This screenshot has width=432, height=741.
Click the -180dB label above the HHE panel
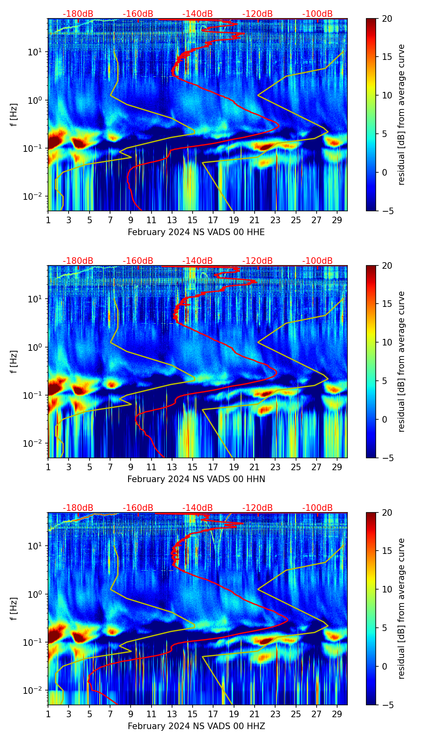tap(78, 14)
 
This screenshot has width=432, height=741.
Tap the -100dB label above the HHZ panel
tap(317, 508)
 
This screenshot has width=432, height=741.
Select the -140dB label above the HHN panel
tap(198, 261)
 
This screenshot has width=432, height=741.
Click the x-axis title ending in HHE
tap(196, 232)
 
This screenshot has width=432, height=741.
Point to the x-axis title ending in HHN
tap(196, 479)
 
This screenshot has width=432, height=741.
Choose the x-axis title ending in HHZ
tap(196, 726)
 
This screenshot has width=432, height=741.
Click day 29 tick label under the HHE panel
tap(337, 220)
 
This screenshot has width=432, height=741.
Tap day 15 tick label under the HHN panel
tap(193, 467)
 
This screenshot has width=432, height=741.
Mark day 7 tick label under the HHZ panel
tap(110, 714)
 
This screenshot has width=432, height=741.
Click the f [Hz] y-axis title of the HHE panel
tap(14, 115)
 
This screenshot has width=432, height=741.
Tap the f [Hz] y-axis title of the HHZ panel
tap(14, 609)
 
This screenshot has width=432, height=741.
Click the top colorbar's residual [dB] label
tap(402, 115)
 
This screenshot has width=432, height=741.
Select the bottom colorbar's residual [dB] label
tap(402, 609)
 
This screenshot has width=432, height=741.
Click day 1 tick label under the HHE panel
tap(48, 220)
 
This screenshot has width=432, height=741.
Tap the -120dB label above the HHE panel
tap(257, 14)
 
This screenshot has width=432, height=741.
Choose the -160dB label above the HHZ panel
tap(138, 508)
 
